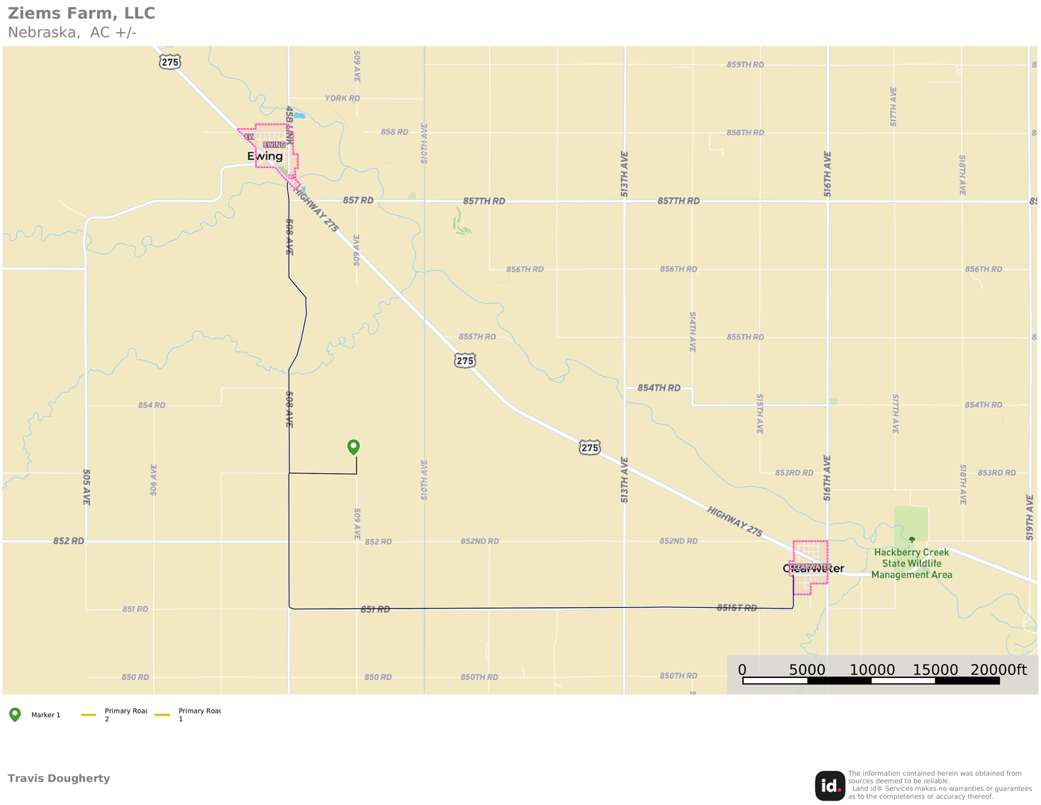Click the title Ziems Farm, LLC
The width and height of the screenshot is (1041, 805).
82,13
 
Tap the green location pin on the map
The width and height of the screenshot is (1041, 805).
353,447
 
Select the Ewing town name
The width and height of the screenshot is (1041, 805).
265,156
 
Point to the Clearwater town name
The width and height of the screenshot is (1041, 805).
813,568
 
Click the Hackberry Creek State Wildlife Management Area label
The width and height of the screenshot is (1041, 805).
911,563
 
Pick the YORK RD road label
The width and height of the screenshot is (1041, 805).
342,98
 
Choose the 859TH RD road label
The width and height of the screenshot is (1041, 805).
745,65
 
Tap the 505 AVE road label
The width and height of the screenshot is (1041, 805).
87,487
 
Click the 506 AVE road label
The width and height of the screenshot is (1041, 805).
154,479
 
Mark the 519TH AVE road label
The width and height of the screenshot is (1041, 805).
1030,517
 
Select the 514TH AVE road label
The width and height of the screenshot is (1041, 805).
693,331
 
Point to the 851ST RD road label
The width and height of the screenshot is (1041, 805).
737,608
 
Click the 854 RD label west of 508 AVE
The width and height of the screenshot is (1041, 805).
152,405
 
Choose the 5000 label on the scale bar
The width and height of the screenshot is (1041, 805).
807,670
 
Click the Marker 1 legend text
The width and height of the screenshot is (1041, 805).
46,715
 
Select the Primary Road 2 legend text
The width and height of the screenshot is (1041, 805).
126,715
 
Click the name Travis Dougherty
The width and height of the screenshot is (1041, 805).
59,778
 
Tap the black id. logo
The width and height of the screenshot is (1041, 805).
830,786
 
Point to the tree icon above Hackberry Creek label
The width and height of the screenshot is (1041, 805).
912,540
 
